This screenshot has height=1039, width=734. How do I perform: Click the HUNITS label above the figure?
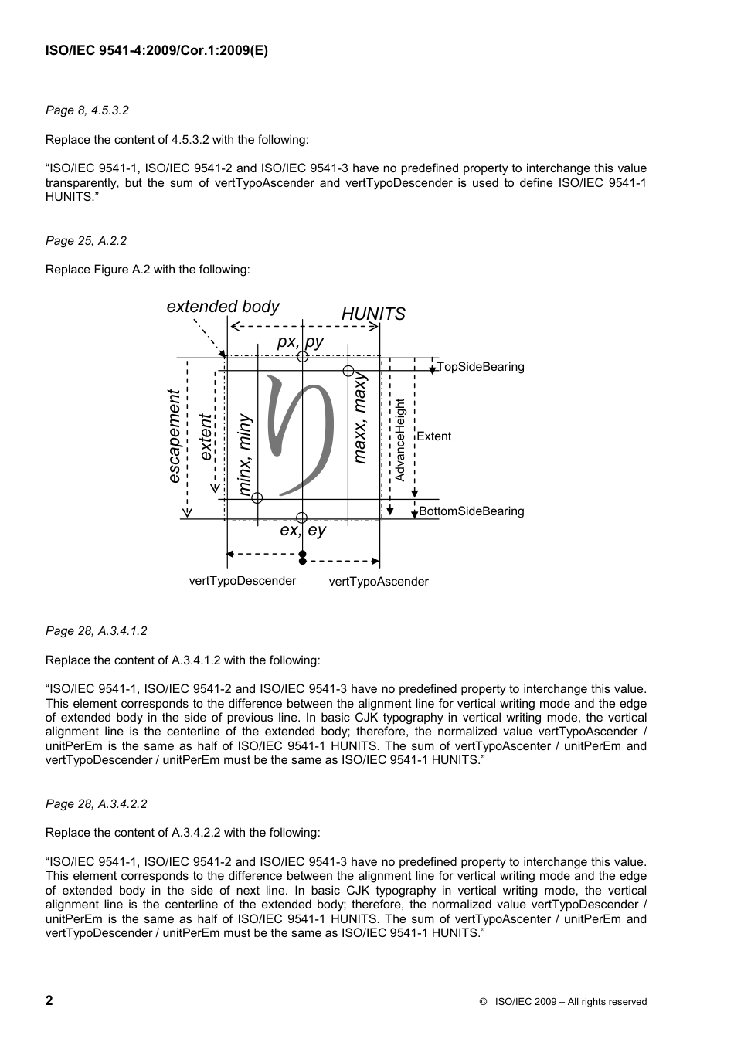pyautogui.click(x=373, y=314)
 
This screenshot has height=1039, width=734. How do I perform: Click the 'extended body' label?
pyautogui.click(x=223, y=306)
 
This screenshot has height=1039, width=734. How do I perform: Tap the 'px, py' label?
pyautogui.click(x=301, y=341)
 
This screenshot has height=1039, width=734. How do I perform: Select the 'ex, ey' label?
pyautogui.click(x=303, y=530)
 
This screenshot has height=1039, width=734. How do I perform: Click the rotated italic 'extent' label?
pyautogui.click(x=205, y=437)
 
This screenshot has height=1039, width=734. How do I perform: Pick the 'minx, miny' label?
pyautogui.click(x=244, y=454)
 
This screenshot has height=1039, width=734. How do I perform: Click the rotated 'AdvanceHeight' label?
pyautogui.click(x=399, y=440)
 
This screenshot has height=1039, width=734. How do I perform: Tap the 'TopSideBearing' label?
pyautogui.click(x=481, y=367)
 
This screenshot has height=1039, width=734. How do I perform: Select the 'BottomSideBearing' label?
pyautogui.click(x=471, y=511)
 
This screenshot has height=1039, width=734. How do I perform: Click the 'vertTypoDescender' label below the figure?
pyautogui.click(x=243, y=581)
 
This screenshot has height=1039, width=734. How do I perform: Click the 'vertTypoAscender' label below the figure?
pyautogui.click(x=379, y=582)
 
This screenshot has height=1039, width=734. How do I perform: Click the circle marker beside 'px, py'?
pyautogui.click(x=303, y=357)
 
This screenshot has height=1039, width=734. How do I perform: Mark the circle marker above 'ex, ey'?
pyautogui.click(x=302, y=518)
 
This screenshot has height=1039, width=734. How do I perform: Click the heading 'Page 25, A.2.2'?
pyautogui.click(x=86, y=241)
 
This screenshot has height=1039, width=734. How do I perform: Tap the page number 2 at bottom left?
pyautogui.click(x=49, y=1000)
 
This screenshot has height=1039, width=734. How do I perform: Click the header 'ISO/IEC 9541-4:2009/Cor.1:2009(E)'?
pyautogui.click(x=157, y=52)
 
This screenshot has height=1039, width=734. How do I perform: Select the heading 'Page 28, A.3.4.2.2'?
pyautogui.click(x=96, y=803)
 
